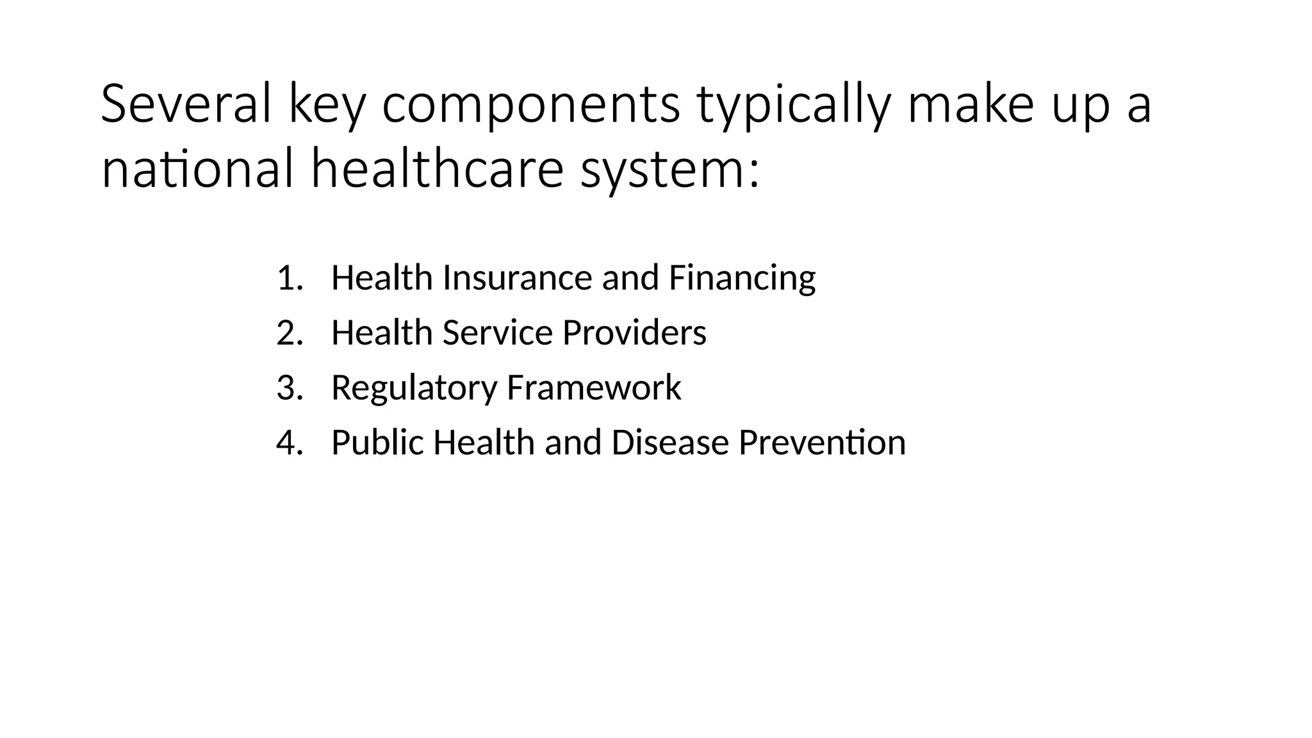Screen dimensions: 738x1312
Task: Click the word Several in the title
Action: [186, 104]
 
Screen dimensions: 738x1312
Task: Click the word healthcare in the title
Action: [437, 169]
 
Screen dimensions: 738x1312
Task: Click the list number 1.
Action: [289, 278]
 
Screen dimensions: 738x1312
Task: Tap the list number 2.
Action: [289, 333]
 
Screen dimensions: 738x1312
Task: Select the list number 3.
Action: [289, 388]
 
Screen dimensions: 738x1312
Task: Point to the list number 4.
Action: [289, 443]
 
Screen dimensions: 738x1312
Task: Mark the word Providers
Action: [634, 333]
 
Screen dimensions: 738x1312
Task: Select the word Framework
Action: [594, 388]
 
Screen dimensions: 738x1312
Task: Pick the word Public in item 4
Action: [377, 443]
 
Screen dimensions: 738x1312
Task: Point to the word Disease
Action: [670, 443]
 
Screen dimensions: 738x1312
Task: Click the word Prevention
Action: [822, 443]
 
